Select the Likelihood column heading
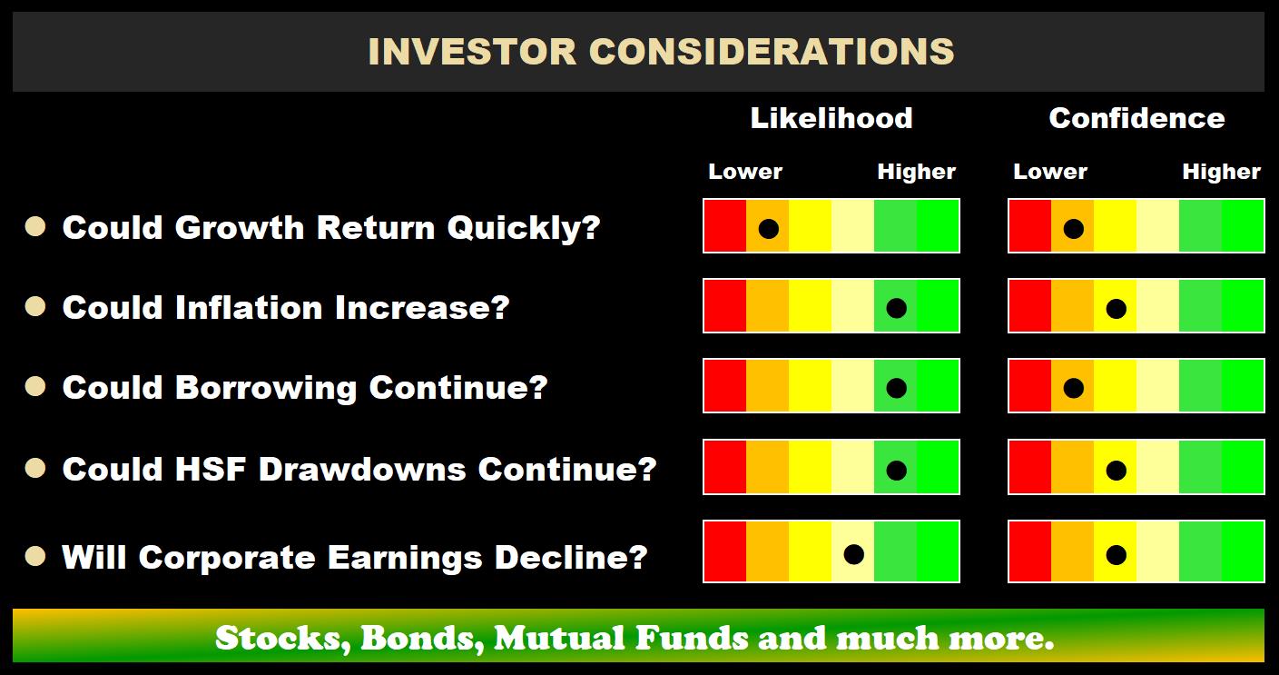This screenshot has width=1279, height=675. click(831, 118)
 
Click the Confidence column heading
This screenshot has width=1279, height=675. click(1136, 118)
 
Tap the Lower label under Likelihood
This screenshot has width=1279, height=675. click(744, 172)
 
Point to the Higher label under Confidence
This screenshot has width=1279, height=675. click(1221, 172)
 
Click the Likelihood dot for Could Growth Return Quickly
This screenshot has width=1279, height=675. click(768, 228)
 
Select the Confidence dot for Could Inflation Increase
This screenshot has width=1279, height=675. click(1116, 309)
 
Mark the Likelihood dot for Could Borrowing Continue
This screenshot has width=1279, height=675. click(896, 389)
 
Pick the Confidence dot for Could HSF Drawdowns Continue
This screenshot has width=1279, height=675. click(1116, 471)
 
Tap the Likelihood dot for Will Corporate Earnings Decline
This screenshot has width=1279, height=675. click(853, 553)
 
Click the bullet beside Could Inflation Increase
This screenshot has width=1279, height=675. click(35, 307)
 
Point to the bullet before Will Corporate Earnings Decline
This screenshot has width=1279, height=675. click(35, 556)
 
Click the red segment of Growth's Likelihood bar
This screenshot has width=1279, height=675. click(725, 226)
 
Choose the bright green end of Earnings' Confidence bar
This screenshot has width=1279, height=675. click(1242, 551)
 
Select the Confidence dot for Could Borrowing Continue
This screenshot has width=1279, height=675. click(1073, 389)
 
